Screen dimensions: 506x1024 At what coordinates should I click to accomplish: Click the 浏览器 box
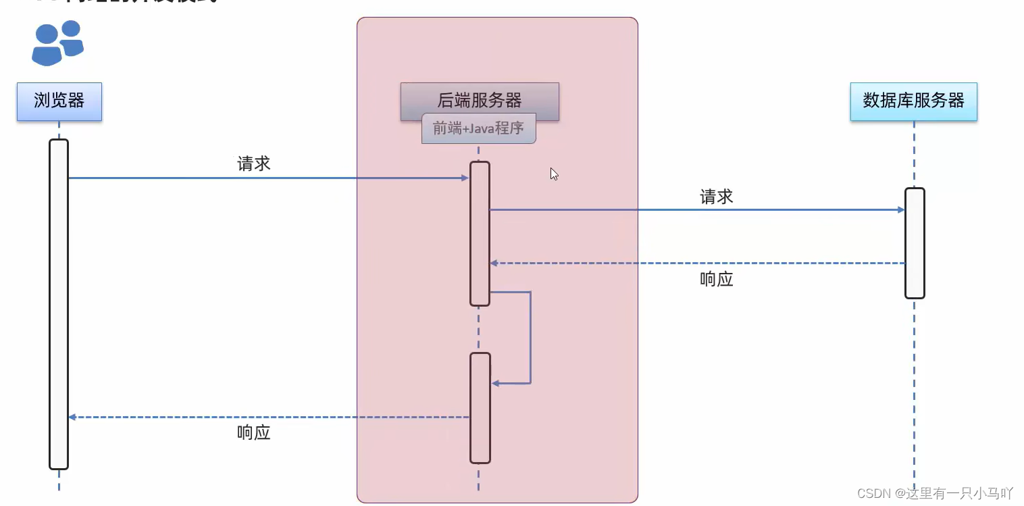pos(59,101)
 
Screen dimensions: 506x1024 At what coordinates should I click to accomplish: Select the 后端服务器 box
pos(480,101)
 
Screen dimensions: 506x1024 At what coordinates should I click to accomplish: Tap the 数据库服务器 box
pos(913,101)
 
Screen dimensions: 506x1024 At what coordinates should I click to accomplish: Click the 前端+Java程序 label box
pos(478,128)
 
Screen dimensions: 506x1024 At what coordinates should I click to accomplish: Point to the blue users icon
pos(57,43)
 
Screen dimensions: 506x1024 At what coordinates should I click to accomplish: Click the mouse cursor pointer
pos(554,174)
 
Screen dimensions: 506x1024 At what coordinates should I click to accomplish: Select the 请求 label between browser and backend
pos(254,163)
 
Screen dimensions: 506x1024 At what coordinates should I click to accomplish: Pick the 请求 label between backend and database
pos(717,197)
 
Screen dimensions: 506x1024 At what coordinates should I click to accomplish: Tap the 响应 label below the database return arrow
pos(717,279)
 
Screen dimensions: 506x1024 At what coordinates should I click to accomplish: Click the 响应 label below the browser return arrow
pos(254,432)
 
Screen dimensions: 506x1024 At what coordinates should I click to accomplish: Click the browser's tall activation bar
pos(59,304)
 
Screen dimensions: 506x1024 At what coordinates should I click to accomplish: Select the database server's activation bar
pos(915,243)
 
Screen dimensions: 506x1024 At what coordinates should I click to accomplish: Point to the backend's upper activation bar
pos(480,233)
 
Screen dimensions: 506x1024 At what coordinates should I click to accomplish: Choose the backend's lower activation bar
pos(480,407)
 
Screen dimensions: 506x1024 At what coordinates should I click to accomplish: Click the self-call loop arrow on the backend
pos(530,338)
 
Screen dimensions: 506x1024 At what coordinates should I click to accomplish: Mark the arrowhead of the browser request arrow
pos(465,178)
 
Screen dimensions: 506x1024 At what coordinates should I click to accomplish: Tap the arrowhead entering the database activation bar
pos(901,210)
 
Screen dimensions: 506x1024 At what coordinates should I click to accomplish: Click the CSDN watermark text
pos(936,494)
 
